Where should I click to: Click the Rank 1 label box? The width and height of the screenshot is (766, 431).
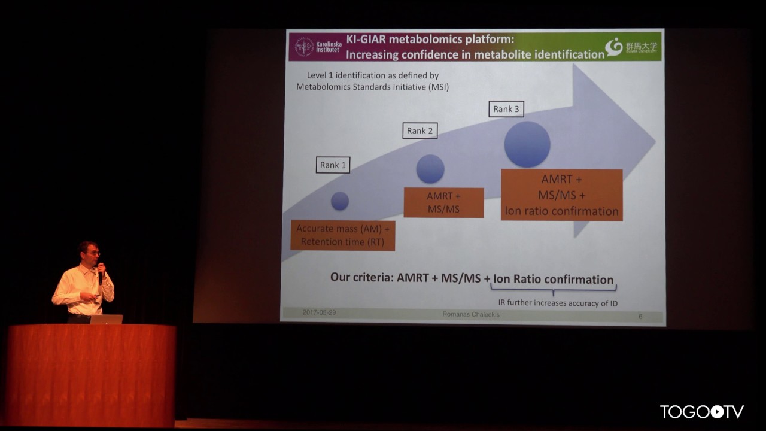coord(333,165)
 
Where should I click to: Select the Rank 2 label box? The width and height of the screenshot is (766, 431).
coord(420,131)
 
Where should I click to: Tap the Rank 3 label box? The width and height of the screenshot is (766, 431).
coord(506,109)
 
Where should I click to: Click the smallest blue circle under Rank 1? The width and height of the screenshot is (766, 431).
coord(340,201)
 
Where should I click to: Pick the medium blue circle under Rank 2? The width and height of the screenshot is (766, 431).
coord(430,169)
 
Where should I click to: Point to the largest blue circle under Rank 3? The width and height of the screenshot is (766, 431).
coord(527,145)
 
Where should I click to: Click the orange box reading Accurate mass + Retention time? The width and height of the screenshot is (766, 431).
coord(342,235)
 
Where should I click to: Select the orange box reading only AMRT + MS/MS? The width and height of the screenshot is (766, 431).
coord(443,202)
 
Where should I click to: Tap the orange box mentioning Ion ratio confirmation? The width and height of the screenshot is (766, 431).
coord(561,195)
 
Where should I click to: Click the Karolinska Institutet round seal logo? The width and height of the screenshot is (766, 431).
coord(304,47)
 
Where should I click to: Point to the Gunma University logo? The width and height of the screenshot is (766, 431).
coord(614,47)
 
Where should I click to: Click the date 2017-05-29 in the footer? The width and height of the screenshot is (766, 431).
coord(319,312)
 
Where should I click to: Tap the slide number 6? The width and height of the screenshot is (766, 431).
coord(640,316)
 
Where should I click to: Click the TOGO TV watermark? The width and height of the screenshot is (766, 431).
coord(701,412)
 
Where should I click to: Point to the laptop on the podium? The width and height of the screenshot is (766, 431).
coord(107,319)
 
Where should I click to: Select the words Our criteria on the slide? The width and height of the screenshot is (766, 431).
coord(361,278)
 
